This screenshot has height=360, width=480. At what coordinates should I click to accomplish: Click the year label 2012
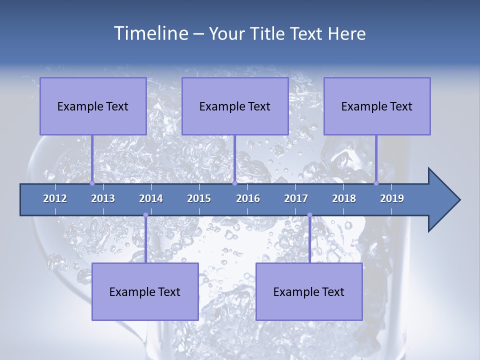(55, 198)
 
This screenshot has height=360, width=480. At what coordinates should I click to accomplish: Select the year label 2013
(103, 198)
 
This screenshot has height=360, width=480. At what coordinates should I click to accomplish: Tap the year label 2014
(151, 198)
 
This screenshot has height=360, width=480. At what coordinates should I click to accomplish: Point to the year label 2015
(199, 198)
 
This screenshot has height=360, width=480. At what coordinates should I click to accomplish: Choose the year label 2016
(248, 198)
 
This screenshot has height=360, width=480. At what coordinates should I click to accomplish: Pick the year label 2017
(296, 198)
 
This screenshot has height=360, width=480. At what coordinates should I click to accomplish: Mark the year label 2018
(344, 198)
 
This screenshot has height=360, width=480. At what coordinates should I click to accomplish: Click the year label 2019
(392, 198)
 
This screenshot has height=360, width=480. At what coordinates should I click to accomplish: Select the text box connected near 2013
(93, 106)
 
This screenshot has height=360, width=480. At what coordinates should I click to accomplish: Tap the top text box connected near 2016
(235, 106)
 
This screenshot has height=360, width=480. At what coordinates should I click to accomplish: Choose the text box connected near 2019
(377, 106)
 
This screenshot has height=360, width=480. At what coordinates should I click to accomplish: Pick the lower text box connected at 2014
(145, 291)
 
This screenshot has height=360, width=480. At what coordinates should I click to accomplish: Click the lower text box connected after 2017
(309, 291)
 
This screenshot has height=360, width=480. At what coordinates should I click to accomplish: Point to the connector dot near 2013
(92, 183)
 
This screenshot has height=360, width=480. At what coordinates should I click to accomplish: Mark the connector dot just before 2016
(234, 183)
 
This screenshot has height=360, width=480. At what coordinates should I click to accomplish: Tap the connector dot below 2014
(145, 215)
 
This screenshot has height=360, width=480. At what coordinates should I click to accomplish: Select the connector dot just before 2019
(376, 183)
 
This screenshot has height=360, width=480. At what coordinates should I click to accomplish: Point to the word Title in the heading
(270, 34)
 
